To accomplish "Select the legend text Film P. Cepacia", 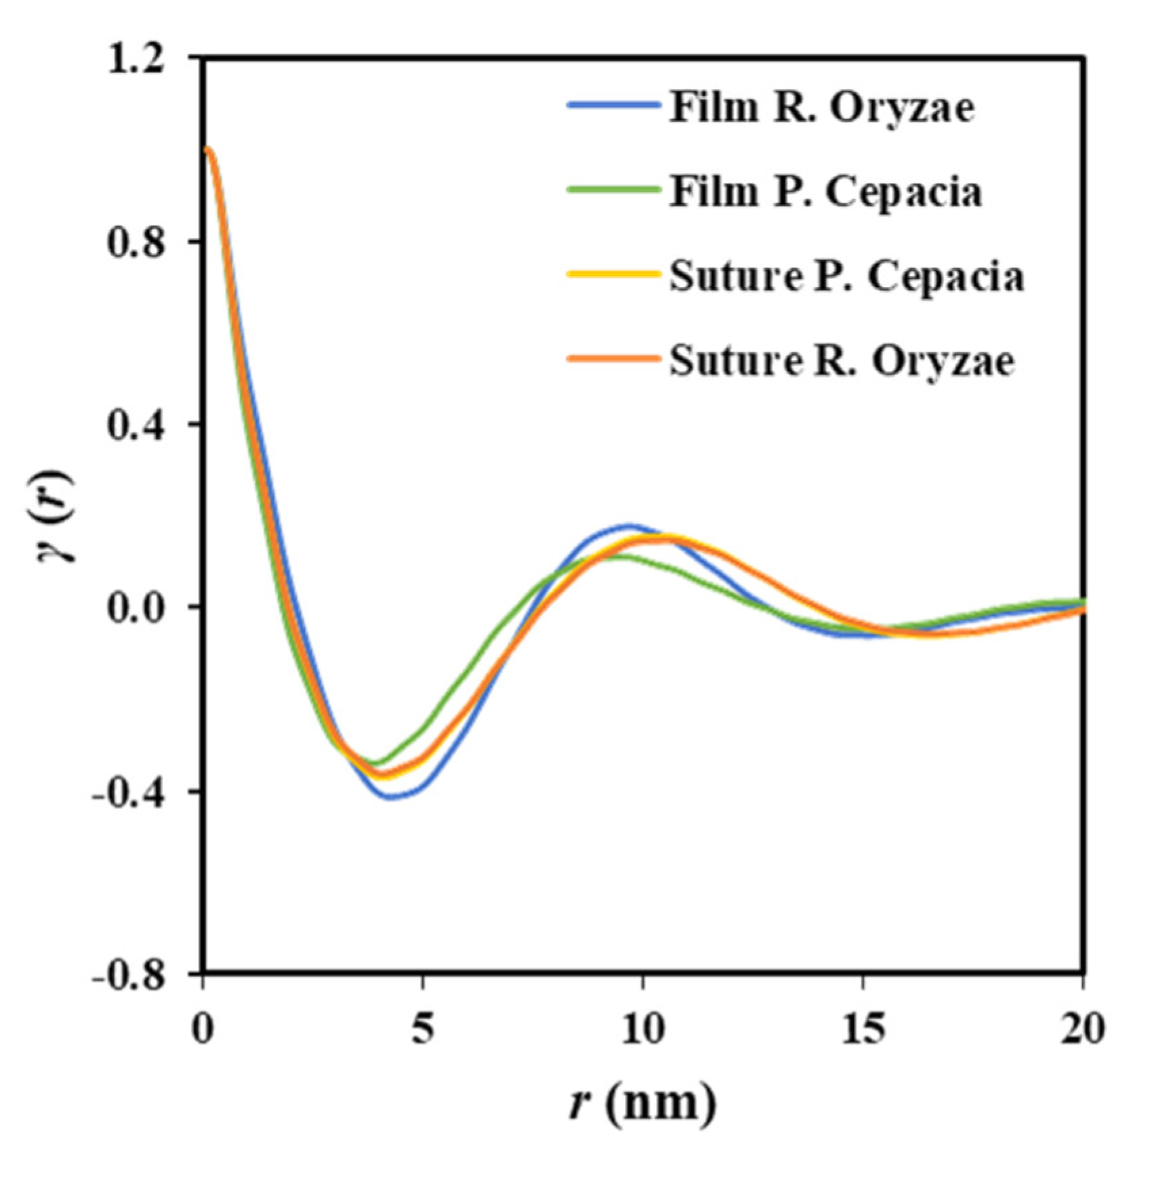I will coord(825,192).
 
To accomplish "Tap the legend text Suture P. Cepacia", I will coord(846,277).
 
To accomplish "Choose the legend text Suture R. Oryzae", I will coord(842,362).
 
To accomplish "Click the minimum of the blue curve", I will coord(392,798).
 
